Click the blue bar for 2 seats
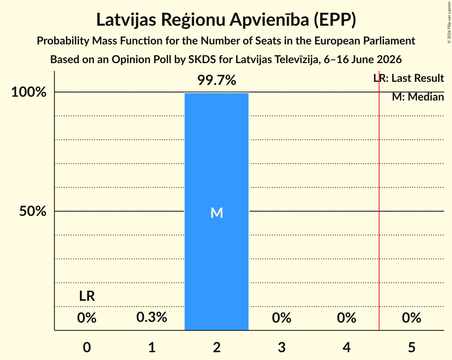(217, 212)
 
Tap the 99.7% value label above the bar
(217, 80)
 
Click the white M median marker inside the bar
(217, 213)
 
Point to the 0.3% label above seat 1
(152, 318)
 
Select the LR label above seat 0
(87, 296)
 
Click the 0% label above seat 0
(87, 318)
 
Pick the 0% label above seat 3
(282, 318)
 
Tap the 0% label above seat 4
(346, 318)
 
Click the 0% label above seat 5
(411, 318)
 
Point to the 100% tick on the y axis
(29, 92)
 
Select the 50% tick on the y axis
(33, 211)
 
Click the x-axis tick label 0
(87, 347)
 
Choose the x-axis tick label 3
(282, 347)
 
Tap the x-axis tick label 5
(411, 347)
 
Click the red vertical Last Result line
(379, 201)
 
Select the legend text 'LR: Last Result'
(409, 78)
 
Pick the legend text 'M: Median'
(418, 97)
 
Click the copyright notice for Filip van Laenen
(449, 22)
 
